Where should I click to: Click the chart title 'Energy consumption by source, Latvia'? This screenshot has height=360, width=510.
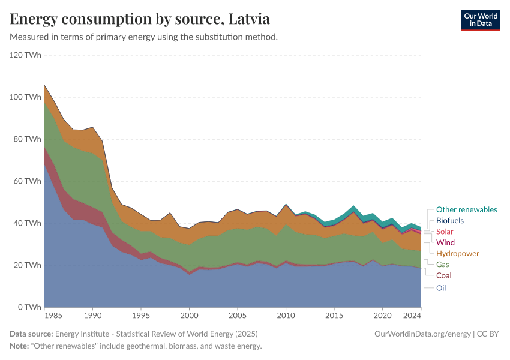(140, 19)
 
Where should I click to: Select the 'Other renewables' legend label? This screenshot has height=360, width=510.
(466, 209)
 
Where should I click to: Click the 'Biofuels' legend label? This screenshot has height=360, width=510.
(450, 221)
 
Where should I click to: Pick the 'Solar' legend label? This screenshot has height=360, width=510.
(445, 232)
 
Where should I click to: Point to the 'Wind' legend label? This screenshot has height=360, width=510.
(445, 242)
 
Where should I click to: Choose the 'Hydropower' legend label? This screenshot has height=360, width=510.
(457, 253)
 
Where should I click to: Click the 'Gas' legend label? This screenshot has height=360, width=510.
(443, 264)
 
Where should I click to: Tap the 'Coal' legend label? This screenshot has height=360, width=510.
(444, 275)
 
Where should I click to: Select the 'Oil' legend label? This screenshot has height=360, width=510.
(441, 288)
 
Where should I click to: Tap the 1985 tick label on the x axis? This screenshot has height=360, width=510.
(53, 316)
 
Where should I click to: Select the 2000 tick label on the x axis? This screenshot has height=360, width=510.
(189, 316)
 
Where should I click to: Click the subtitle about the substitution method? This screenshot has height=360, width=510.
(143, 37)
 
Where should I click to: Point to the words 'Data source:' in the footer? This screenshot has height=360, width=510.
(31, 334)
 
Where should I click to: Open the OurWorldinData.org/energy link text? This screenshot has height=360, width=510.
(422, 334)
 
